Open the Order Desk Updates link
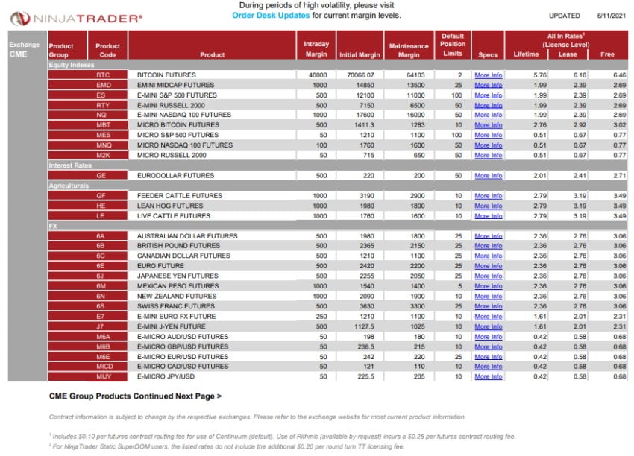tap(271, 15)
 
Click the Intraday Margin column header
tap(316, 49)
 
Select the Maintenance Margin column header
tap(409, 50)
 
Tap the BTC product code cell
tap(103, 75)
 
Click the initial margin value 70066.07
tap(360, 75)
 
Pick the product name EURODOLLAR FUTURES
tap(175, 176)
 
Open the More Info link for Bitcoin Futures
tap(488, 75)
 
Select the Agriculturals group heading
tap(69, 186)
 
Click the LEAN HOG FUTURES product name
tap(170, 206)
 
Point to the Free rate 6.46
tap(618, 75)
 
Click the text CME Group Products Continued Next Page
tap(135, 396)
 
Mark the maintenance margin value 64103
tap(408, 75)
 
